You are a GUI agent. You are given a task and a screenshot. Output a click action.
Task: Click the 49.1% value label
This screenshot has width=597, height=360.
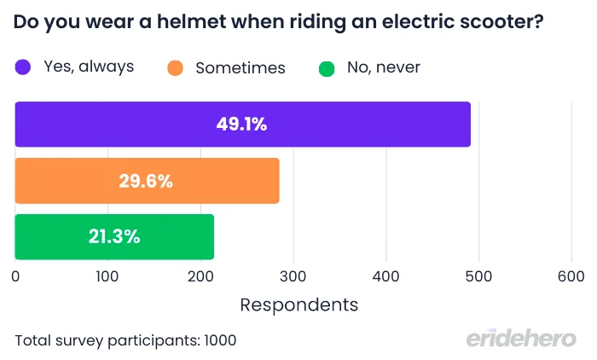[242, 125]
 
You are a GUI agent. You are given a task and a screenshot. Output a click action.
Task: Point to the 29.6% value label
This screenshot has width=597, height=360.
[148, 181]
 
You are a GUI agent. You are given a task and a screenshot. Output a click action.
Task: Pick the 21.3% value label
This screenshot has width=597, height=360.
[114, 236]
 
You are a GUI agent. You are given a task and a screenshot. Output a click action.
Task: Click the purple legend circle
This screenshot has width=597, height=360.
[24, 67]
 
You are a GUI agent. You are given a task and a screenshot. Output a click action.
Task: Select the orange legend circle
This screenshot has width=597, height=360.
[177, 67]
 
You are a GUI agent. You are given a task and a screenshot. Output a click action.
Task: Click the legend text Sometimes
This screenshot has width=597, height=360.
[240, 67]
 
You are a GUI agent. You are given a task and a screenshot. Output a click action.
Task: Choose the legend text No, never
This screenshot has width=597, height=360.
[383, 67]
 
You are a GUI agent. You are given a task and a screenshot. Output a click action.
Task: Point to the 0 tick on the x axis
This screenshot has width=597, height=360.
[15, 276]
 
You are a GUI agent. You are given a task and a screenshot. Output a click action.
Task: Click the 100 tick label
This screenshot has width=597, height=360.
[107, 276]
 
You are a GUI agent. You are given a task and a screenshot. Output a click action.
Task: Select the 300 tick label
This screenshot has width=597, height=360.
[293, 276]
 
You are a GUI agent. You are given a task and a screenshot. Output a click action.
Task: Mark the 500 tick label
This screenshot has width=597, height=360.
[478, 276]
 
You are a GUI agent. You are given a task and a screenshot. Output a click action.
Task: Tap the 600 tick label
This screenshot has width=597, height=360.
[571, 276]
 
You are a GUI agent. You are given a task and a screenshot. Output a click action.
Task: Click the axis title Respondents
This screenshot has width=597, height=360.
[299, 305]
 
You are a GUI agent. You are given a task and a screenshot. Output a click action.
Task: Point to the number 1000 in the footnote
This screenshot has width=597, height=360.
[219, 340]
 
